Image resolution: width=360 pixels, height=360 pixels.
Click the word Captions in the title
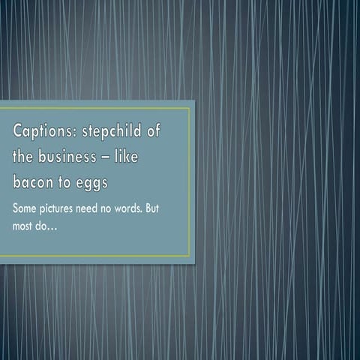tap(40, 132)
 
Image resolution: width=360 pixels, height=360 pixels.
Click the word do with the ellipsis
tap(49, 223)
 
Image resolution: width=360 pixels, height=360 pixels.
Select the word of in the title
tap(154, 132)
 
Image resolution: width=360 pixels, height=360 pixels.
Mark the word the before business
tap(24, 157)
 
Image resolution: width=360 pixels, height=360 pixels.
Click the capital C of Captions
tap(17, 131)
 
